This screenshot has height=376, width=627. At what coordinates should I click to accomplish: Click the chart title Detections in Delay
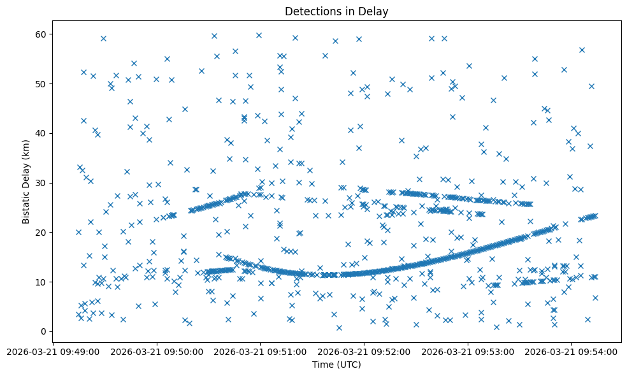click(x=336, y=11)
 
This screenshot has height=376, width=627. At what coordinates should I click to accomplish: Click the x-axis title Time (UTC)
click(x=336, y=365)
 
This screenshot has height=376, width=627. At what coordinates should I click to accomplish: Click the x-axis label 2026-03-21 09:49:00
click(x=53, y=351)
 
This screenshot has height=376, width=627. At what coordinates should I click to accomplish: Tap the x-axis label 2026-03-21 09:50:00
click(x=157, y=351)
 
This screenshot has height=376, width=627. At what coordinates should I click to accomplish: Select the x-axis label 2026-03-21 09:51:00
click(x=260, y=351)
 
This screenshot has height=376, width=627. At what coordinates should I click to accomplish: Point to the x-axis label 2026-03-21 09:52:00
click(x=364, y=351)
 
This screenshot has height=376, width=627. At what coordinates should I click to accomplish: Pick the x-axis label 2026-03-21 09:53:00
click(x=468, y=351)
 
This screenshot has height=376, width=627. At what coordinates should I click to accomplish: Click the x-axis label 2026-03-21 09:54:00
click(x=572, y=351)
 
